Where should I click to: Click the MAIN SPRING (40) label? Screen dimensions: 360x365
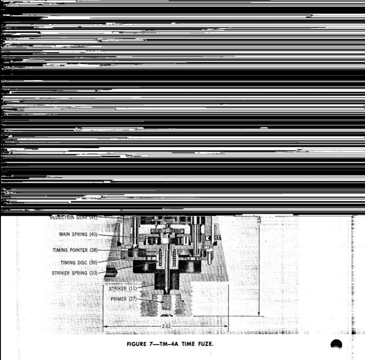[x=78, y=234]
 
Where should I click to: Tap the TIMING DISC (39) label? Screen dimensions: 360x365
[x=78, y=262]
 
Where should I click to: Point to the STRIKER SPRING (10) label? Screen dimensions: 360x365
[x=75, y=273]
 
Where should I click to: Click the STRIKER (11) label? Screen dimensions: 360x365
[x=122, y=288]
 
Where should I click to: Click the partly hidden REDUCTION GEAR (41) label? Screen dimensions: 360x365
[x=73, y=218]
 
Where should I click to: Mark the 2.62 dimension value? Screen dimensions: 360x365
[x=166, y=326]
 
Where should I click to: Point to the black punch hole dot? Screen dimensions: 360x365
[x=336, y=345]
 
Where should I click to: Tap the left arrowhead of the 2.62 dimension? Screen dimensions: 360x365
[x=105, y=326]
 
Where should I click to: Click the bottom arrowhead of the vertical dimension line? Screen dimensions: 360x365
[x=259, y=314]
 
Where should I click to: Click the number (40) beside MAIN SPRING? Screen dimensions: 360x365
[x=93, y=234]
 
